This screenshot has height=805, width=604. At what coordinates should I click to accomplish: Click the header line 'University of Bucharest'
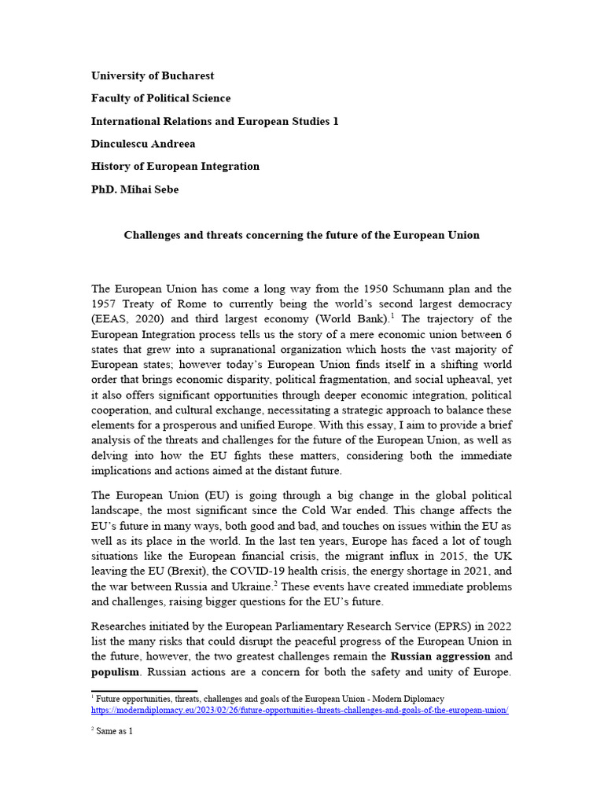(x=153, y=75)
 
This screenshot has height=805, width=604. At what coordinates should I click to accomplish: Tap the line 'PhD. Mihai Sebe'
(x=134, y=189)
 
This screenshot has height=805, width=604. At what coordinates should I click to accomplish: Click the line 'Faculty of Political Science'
(x=161, y=98)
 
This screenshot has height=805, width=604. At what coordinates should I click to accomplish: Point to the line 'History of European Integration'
(x=175, y=167)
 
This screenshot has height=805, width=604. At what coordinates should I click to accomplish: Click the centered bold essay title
(x=301, y=235)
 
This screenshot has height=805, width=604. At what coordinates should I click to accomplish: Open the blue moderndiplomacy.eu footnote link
(x=300, y=710)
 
